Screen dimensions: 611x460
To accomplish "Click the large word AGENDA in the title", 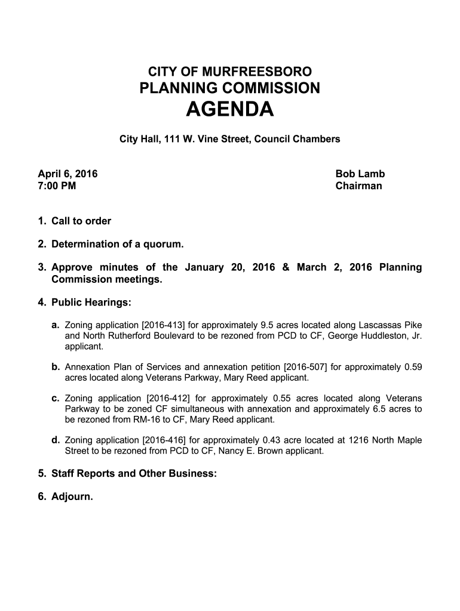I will tap(230, 110).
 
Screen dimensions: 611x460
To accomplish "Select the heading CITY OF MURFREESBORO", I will tap(230, 72).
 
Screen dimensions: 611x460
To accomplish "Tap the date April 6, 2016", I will tap(68, 174).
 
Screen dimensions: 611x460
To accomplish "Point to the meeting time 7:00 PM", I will tap(57, 186).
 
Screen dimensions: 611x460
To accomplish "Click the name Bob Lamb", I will tap(360, 174).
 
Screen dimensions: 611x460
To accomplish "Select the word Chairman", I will tap(358, 186).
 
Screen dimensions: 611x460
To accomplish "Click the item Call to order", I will tap(81, 221).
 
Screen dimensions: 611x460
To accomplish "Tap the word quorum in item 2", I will tap(163, 245).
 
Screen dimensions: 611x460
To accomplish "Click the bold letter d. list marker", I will tap(56, 440).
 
